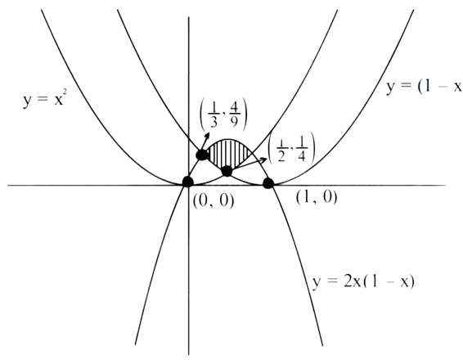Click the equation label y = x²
click(43, 100)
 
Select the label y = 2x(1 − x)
click(363, 281)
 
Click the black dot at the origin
click(187, 182)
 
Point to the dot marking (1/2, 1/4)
click(227, 171)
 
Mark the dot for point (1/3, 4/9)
click(202, 155)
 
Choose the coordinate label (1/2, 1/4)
click(291, 150)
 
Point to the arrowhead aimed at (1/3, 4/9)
click(207, 136)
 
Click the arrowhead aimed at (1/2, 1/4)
click(263, 160)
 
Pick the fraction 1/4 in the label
click(301, 150)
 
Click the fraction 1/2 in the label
click(281, 150)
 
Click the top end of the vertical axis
click(189, 18)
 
